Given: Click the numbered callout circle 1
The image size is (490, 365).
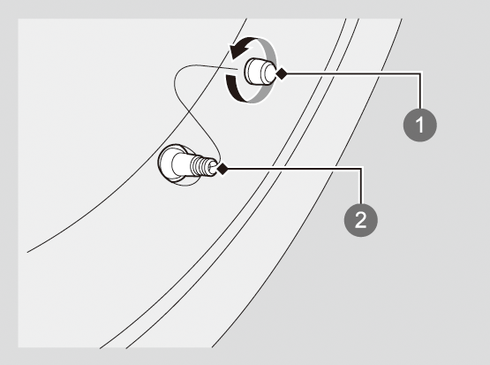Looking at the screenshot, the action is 420,125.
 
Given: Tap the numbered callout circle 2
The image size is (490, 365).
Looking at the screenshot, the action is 361,220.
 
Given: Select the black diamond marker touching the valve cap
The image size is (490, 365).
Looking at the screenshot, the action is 282,74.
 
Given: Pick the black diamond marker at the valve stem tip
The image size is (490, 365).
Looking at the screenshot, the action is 222,169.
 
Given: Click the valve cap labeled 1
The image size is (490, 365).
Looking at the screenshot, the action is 260,72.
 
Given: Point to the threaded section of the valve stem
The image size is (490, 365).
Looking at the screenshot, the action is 200,166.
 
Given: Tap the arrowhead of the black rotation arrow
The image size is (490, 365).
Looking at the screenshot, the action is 237,51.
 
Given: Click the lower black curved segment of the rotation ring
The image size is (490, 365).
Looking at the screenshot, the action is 234,88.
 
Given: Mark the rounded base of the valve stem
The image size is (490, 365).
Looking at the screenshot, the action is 170,163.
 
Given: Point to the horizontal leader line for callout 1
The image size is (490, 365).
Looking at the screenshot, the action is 353,74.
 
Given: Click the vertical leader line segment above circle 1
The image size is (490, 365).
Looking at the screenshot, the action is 420,92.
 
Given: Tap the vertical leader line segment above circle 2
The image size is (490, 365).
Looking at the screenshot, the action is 362,186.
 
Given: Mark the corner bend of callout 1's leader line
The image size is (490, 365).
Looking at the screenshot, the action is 420,74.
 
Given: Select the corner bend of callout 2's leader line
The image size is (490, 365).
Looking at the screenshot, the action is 362,169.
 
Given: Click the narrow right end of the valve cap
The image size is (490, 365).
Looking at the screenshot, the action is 271,72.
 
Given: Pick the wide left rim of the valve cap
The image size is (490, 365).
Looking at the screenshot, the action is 252,72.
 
